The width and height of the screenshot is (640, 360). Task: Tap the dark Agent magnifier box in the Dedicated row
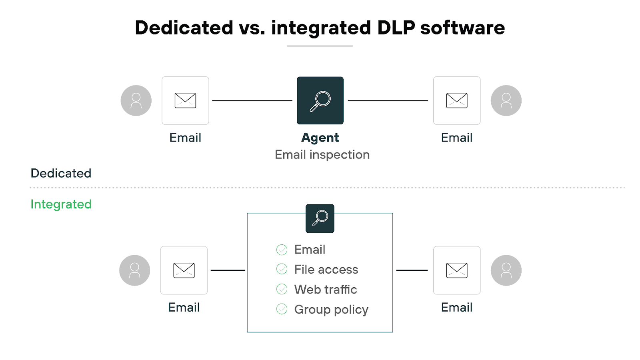320,100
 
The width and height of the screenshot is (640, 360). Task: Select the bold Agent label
320,138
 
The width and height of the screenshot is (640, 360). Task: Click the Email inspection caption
322,155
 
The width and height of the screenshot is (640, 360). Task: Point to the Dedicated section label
61,173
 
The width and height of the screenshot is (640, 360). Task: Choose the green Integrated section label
61,204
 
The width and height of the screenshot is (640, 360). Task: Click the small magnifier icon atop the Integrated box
320,218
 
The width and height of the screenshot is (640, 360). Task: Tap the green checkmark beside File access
282,269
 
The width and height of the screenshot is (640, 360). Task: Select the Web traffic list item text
326,290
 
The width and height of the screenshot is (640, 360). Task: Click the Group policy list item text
331,310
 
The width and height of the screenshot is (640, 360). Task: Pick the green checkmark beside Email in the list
282,250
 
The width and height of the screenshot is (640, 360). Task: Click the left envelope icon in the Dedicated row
185,100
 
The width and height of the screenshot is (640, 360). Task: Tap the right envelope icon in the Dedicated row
456,100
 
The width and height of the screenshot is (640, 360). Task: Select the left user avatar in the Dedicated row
136,100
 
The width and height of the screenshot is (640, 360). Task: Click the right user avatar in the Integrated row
506,270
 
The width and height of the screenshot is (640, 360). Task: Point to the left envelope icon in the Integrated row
184,270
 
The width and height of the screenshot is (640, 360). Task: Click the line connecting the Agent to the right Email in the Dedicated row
388,100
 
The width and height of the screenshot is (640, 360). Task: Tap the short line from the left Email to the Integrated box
228,270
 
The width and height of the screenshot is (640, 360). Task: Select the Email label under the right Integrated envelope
456,308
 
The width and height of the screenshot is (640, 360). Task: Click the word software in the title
462,28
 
